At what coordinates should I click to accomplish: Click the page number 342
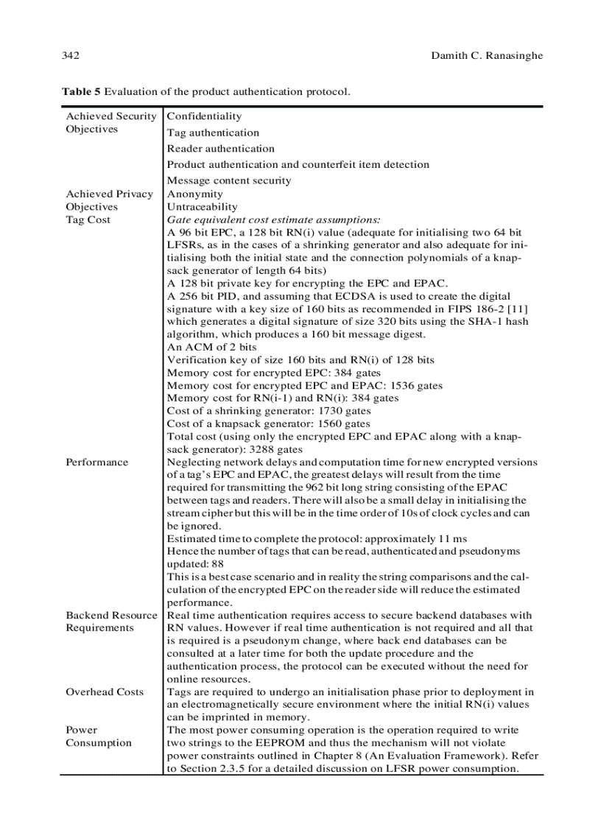(71, 56)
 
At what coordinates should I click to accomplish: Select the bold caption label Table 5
(81, 92)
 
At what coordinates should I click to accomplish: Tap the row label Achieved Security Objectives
(110, 122)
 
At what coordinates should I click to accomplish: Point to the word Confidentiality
(204, 116)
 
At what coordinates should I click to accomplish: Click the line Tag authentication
(213, 133)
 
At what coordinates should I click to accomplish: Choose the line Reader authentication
(220, 149)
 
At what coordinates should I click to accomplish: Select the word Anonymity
(194, 194)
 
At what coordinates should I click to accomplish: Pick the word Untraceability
(202, 207)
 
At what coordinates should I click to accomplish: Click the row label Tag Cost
(88, 219)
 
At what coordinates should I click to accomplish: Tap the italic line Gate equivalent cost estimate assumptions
(273, 219)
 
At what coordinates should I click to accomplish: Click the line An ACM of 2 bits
(211, 347)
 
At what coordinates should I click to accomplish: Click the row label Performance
(96, 462)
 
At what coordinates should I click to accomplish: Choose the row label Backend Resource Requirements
(111, 622)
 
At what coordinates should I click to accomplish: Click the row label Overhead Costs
(104, 692)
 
